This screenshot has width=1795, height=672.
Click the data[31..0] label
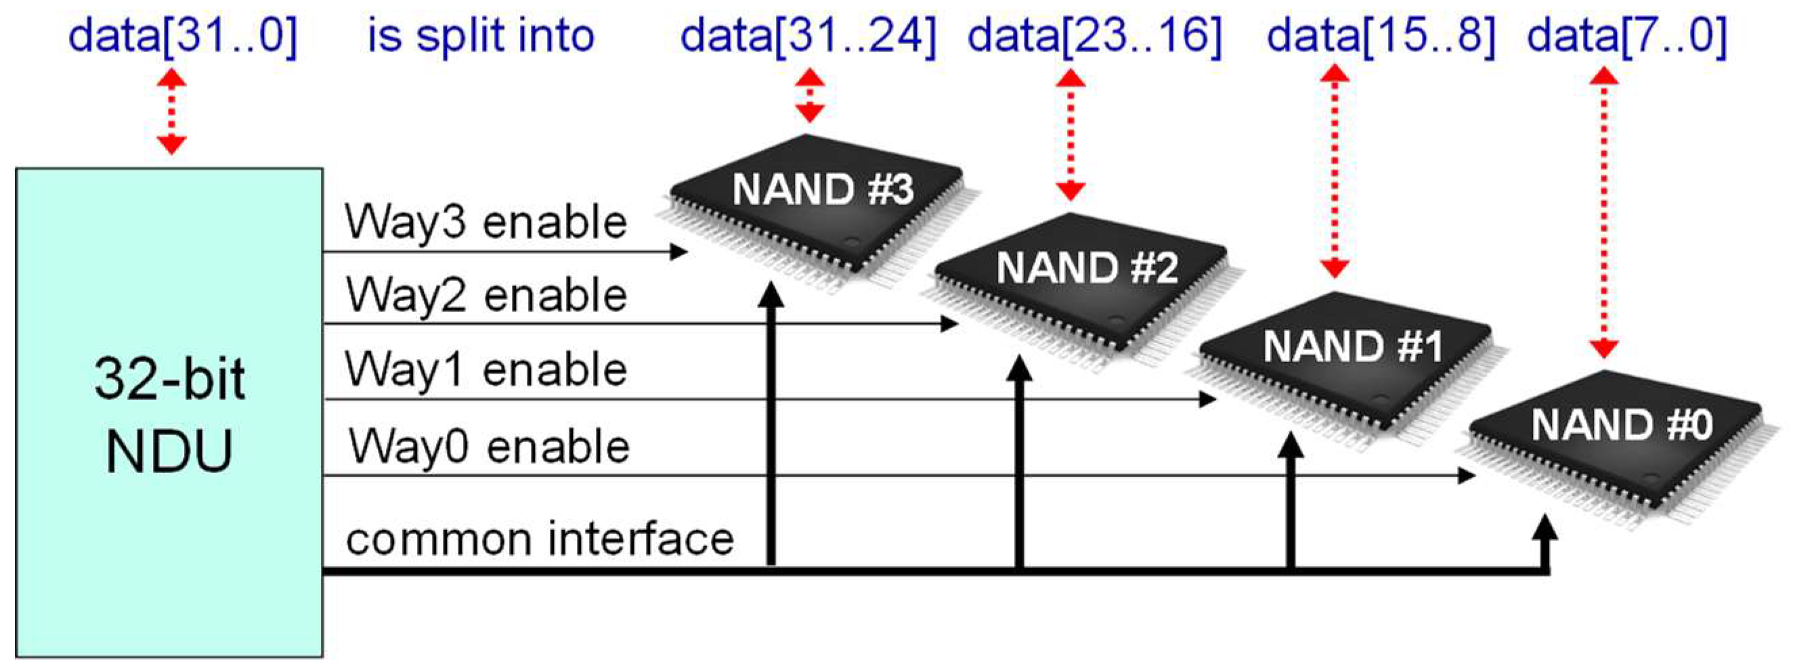click(183, 35)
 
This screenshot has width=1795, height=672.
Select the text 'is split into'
click(480, 35)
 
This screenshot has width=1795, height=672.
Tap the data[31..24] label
click(808, 35)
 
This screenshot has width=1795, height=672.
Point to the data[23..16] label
click(1095, 35)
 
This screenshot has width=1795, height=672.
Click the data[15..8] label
click(1381, 35)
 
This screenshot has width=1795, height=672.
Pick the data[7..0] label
click(1626, 35)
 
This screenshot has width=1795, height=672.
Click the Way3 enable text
click(485, 223)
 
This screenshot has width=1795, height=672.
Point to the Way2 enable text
click(486, 295)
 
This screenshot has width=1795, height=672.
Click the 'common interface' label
click(540, 539)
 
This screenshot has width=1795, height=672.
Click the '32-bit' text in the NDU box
click(169, 380)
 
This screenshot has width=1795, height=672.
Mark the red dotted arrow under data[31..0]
click(171, 112)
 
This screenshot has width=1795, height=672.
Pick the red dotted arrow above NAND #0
click(1603, 212)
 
